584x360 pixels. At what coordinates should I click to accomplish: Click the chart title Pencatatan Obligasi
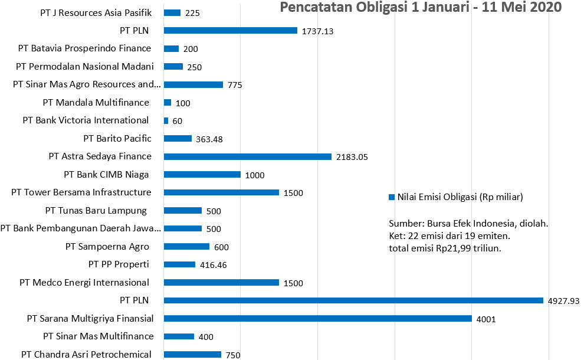tap(420, 8)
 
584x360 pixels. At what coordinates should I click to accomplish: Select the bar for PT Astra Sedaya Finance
tap(247, 156)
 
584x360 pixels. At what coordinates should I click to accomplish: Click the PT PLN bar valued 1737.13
tap(230, 31)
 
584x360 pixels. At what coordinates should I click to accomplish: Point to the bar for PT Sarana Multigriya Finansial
tap(317, 319)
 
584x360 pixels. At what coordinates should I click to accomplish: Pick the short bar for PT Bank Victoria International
tap(166, 120)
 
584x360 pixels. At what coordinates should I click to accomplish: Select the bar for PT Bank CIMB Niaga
tap(202, 175)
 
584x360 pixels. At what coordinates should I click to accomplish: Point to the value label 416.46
tap(214, 265)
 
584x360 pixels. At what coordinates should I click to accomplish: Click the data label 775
tap(235, 85)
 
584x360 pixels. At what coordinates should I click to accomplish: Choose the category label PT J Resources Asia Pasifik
tap(97, 12)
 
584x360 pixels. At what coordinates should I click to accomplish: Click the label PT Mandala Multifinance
tap(96, 102)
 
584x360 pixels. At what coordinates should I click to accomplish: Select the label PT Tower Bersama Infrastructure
tap(81, 192)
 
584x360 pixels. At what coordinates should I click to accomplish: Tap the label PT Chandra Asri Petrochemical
tap(86, 354)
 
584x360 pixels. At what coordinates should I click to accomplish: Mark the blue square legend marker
tap(392, 197)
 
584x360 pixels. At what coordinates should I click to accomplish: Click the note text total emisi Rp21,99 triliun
tap(446, 248)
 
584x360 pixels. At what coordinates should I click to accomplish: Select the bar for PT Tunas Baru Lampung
tap(182, 211)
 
